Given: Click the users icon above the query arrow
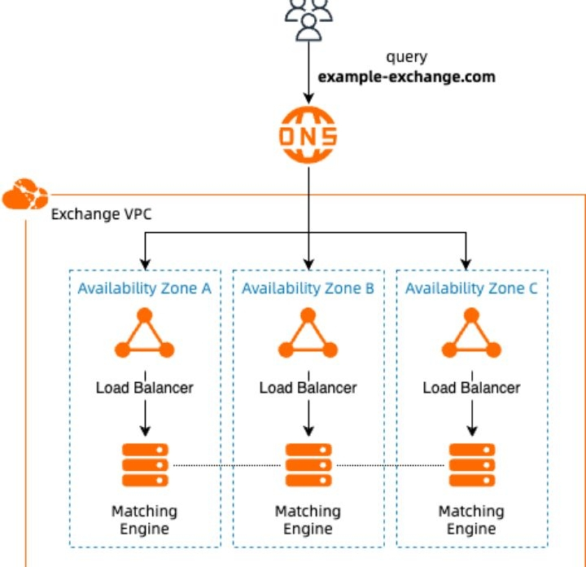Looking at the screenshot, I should (308, 18).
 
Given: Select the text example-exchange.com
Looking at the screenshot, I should (406, 77).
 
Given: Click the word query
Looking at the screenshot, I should (406, 59).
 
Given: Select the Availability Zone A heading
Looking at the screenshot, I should (145, 288).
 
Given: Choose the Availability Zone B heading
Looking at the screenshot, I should (308, 288).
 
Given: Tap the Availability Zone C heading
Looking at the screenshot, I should (471, 288).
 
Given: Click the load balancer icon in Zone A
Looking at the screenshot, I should (145, 335).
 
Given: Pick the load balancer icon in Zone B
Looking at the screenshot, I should (308, 335).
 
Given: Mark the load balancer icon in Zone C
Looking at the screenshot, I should (471, 335).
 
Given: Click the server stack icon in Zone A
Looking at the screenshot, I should (145, 465).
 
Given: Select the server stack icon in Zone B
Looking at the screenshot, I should (308, 465).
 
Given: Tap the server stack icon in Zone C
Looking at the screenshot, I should (471, 465).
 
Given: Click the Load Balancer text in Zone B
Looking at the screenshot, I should (308, 388).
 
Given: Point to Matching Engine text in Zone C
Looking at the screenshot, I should (471, 520).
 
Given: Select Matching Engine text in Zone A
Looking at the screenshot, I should (145, 520).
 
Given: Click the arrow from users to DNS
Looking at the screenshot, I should (308, 69).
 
